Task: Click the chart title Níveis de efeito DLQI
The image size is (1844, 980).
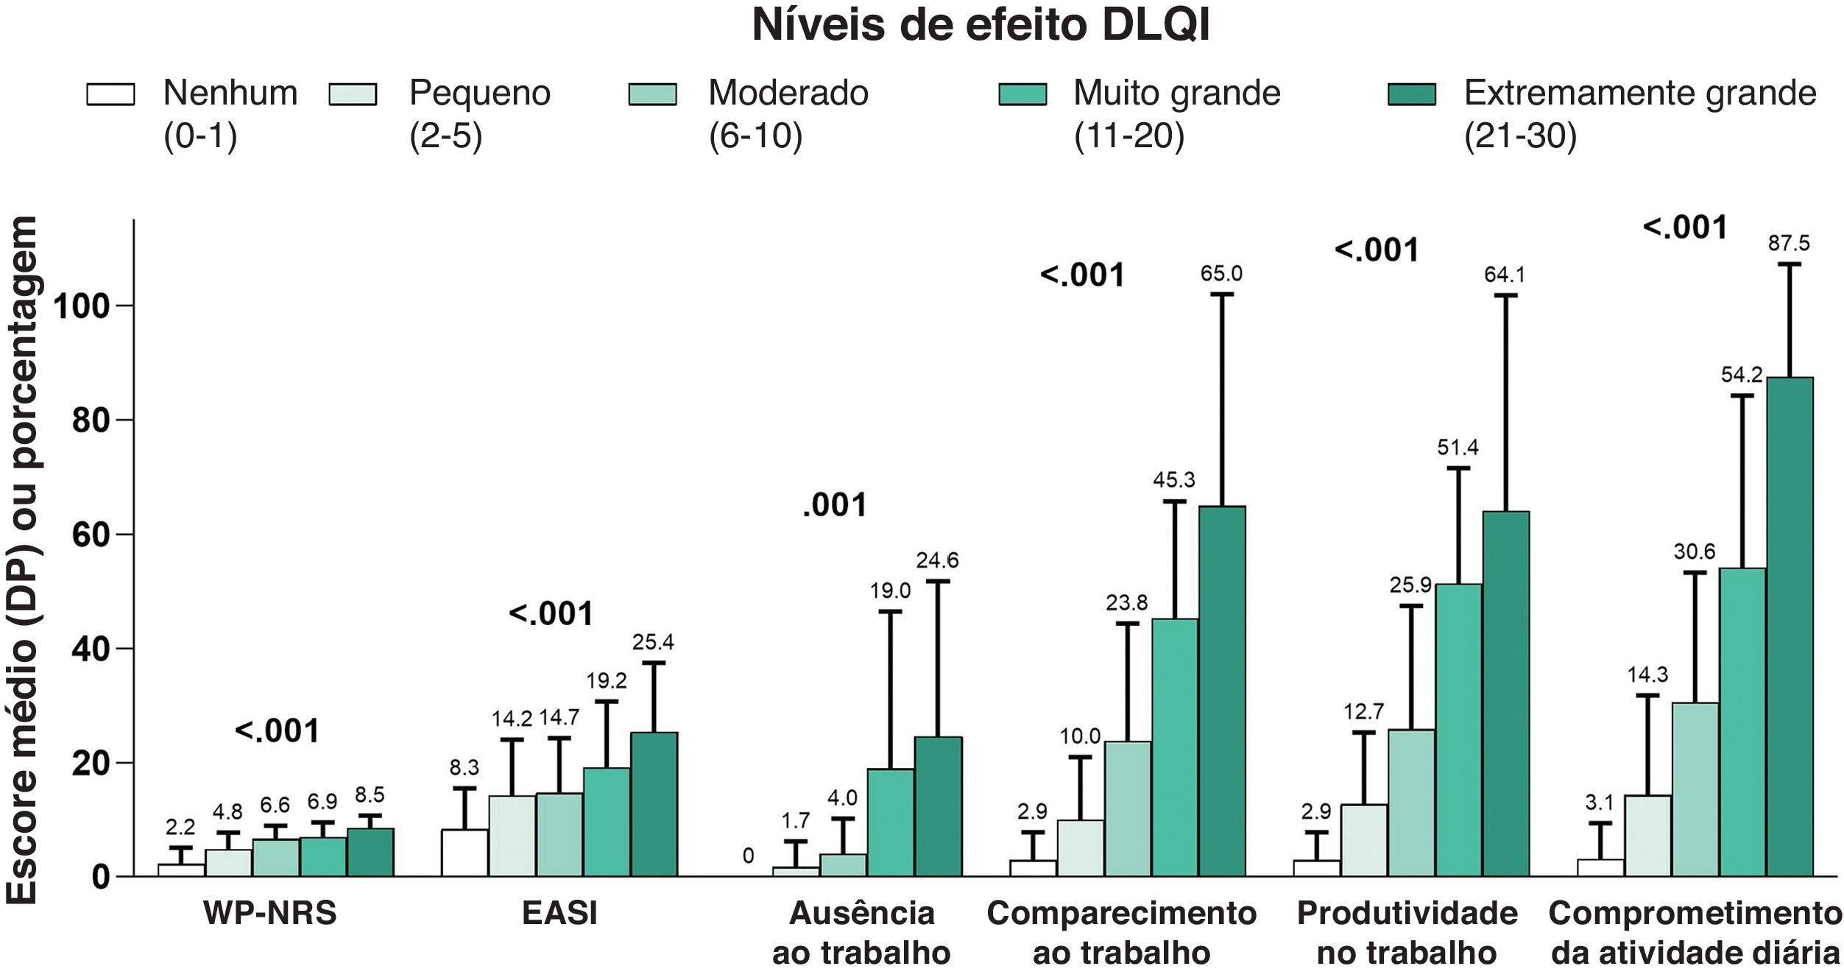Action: click(x=981, y=26)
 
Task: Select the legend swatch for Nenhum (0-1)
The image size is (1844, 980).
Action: click(x=110, y=94)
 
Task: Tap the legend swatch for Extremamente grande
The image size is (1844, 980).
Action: click(x=1411, y=94)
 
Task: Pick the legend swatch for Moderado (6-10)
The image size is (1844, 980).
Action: click(x=652, y=94)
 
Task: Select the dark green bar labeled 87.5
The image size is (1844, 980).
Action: click(x=1790, y=626)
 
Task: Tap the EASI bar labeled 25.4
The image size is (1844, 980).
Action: click(x=654, y=804)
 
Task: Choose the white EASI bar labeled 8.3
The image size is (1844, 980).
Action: click(x=464, y=853)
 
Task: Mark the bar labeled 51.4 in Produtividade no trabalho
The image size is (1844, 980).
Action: click(x=1458, y=729)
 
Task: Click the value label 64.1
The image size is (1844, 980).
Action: click(x=1505, y=275)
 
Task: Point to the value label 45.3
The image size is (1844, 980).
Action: click(x=1174, y=480)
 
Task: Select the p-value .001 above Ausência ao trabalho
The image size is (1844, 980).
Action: click(x=835, y=506)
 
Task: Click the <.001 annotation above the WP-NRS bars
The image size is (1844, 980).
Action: click(x=277, y=731)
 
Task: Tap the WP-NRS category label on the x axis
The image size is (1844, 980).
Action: click(x=269, y=914)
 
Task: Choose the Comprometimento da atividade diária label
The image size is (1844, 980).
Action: click(x=1695, y=933)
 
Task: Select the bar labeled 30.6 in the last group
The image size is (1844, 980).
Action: click(x=1695, y=789)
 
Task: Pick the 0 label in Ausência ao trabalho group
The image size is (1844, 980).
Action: click(x=748, y=856)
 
